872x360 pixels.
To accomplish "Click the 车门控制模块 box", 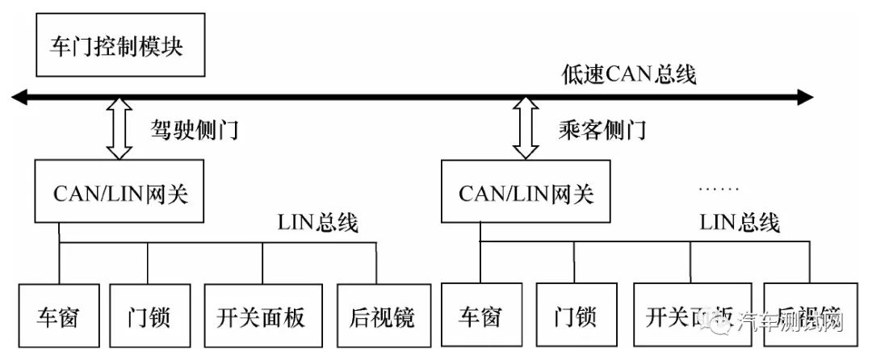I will (118, 45).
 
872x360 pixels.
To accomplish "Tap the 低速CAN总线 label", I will (628, 74).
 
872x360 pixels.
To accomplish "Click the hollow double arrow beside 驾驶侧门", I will (119, 128).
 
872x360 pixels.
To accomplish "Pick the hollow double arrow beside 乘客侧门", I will (526, 128).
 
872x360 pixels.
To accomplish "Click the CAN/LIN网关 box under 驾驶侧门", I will (119, 192).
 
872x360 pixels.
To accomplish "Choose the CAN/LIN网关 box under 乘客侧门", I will (526, 192).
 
